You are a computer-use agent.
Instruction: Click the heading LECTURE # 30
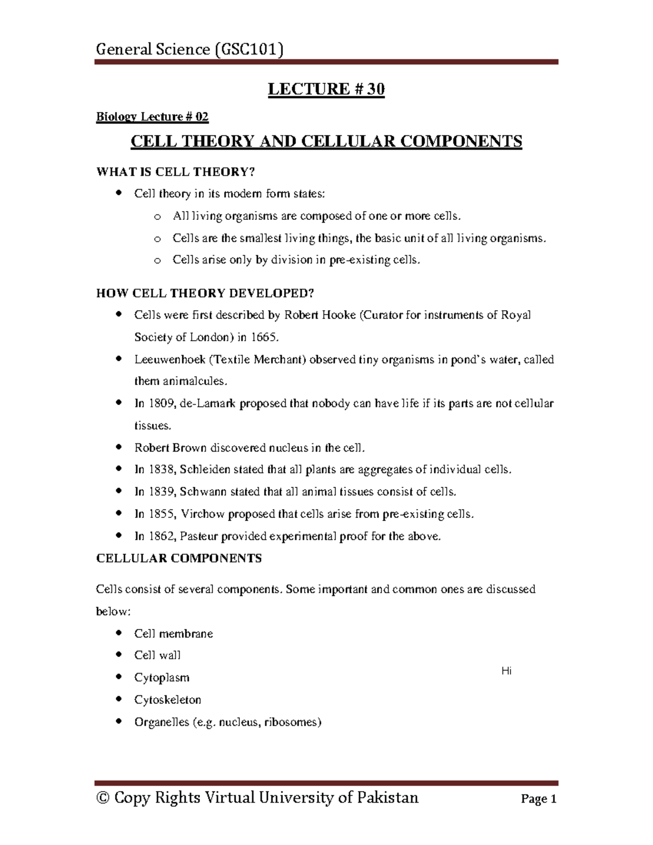(x=326, y=89)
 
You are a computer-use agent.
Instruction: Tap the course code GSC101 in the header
(x=249, y=50)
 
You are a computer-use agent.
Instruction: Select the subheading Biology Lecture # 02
(x=152, y=116)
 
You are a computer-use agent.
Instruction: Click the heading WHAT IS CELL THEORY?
(x=175, y=172)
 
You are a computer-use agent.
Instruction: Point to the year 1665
(x=264, y=337)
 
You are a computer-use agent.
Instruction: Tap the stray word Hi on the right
(x=506, y=671)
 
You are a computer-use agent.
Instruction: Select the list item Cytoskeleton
(x=168, y=700)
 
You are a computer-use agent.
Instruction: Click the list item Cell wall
(x=157, y=656)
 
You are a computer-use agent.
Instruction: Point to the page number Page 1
(x=538, y=799)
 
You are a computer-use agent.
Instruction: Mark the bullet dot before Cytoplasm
(x=119, y=677)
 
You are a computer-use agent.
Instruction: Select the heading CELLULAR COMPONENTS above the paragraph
(x=178, y=558)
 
